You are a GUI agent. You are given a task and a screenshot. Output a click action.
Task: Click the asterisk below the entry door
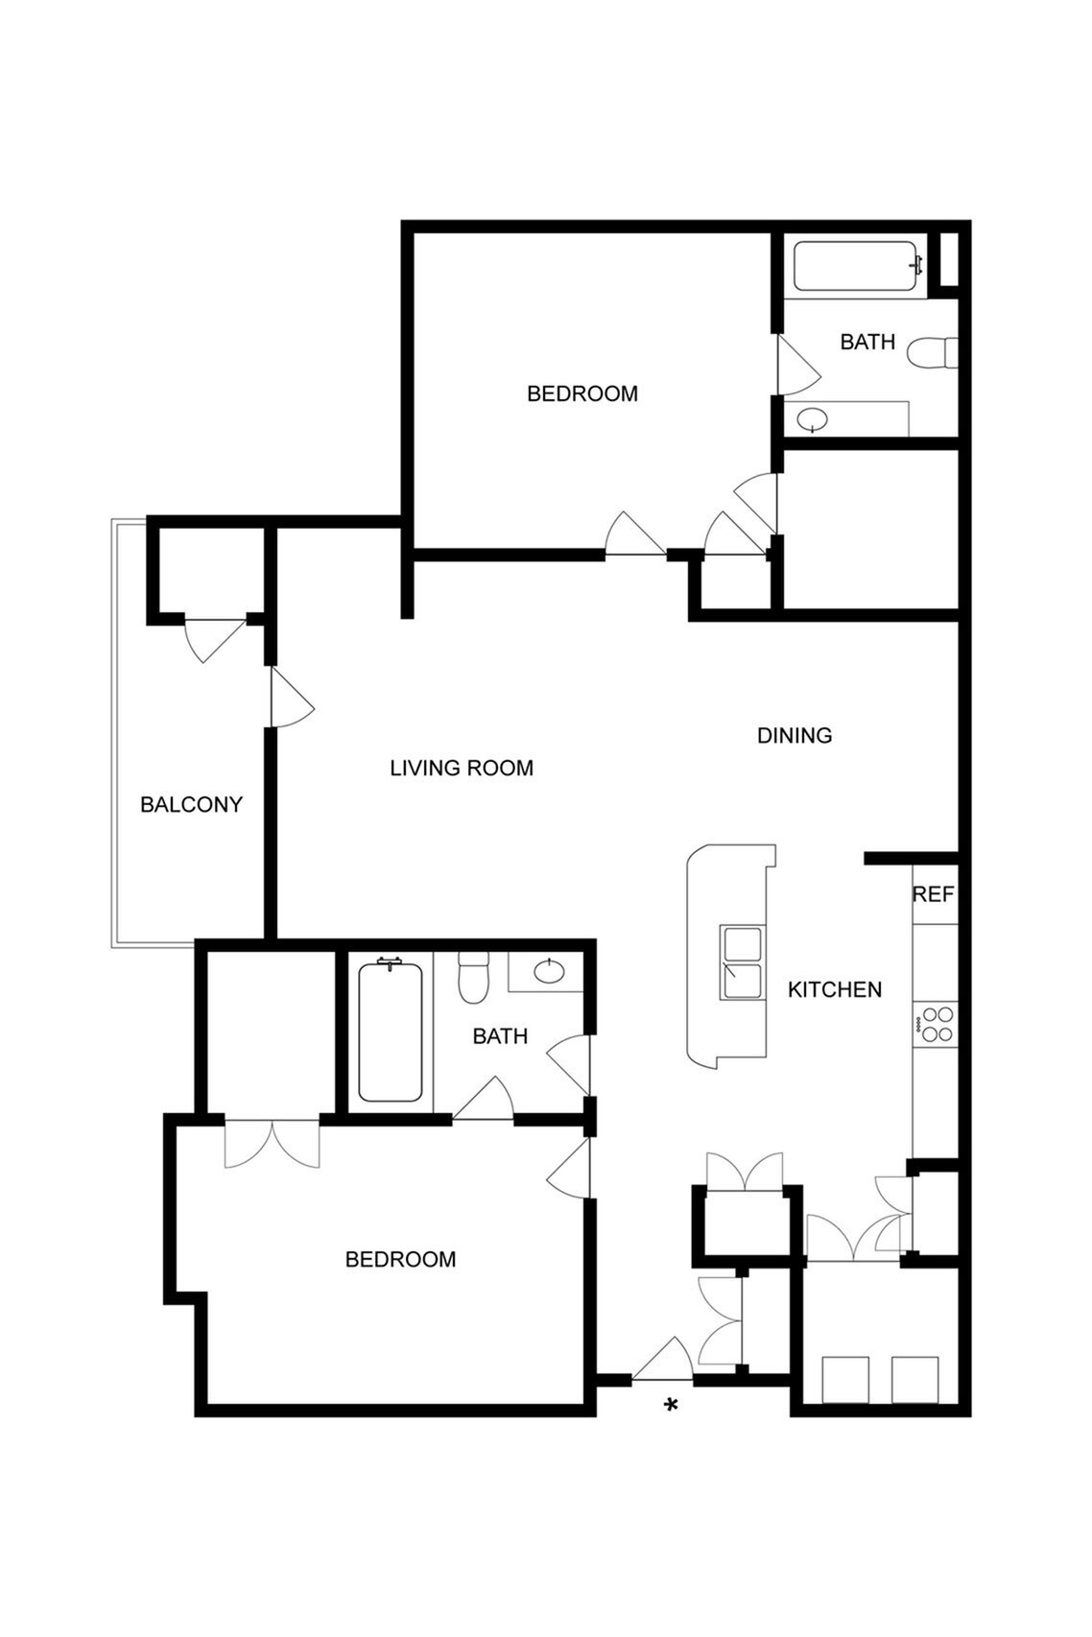(x=672, y=1405)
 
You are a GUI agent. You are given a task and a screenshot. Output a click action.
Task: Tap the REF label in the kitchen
(x=933, y=894)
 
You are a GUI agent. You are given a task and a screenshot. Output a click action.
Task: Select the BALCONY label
(x=191, y=804)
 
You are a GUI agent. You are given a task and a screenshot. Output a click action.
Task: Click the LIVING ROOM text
(x=462, y=768)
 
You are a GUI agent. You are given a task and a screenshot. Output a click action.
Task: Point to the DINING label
(x=795, y=735)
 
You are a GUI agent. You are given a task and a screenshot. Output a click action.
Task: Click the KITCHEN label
(x=835, y=989)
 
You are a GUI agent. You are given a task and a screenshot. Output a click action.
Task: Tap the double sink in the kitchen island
(x=743, y=963)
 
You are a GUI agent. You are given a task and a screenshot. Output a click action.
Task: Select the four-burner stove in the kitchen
(x=936, y=1023)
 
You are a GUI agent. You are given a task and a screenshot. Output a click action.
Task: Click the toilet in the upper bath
(x=935, y=352)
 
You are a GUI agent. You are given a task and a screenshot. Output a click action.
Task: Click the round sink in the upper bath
(x=813, y=419)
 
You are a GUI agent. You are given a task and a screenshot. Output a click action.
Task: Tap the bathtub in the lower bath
(x=390, y=1032)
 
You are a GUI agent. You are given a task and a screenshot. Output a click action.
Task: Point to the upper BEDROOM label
(x=582, y=393)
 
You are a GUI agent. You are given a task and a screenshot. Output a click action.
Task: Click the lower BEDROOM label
(x=400, y=1259)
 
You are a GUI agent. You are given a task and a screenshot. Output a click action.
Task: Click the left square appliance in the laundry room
(x=845, y=1379)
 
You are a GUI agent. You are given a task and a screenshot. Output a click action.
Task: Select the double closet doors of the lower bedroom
(x=273, y=1142)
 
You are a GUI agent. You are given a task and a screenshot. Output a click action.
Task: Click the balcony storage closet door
(x=213, y=638)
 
